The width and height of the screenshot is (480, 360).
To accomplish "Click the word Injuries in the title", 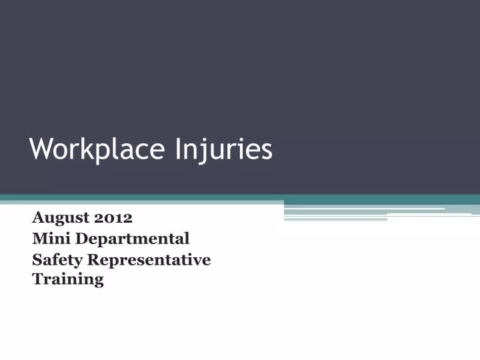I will [224, 149].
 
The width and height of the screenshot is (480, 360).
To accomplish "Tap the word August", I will [59, 218].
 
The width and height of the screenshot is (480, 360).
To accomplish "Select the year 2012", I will [113, 217].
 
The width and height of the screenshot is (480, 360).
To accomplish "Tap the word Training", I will [68, 279].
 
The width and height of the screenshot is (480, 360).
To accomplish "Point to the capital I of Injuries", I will [178, 149].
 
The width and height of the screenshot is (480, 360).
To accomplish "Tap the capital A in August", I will [39, 217].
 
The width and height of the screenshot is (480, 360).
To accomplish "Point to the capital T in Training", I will [38, 279].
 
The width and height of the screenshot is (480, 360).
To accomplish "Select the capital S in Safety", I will [37, 259].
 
